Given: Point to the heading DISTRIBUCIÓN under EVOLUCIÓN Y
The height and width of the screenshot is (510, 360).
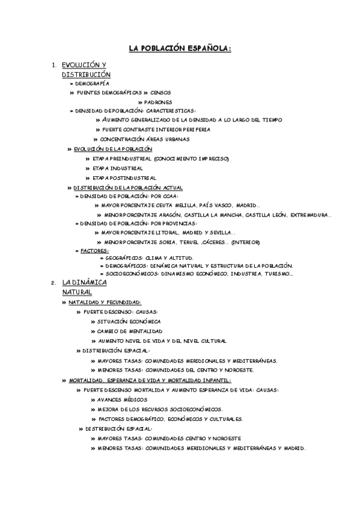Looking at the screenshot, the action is click(86, 74).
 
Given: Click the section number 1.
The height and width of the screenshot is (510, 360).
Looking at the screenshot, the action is click(54, 65).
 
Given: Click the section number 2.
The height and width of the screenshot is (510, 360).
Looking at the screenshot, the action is click(53, 283).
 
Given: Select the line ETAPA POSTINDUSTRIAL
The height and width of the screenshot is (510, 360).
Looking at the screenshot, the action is click(124, 178).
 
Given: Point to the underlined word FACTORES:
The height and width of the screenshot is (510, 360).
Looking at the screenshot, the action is click(95, 251).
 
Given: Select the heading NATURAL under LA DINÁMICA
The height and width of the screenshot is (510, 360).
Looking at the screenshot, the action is click(77, 292).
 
